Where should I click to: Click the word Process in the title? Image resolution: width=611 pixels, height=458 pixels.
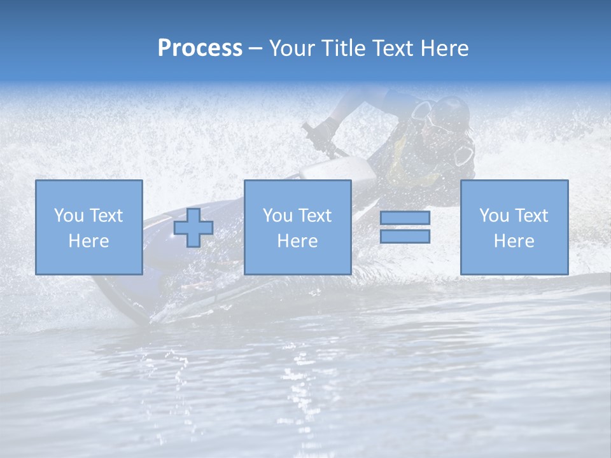(200, 48)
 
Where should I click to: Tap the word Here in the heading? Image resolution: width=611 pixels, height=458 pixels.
(444, 48)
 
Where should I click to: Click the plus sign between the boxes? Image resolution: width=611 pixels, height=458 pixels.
(193, 228)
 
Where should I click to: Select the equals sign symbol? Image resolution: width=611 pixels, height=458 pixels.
(405, 227)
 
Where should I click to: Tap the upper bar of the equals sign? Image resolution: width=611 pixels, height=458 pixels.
(405, 218)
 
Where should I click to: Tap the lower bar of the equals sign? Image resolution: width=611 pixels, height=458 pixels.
(405, 236)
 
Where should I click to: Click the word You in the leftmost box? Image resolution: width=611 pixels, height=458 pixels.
(69, 216)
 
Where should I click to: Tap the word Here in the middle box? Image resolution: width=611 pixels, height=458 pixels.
(297, 241)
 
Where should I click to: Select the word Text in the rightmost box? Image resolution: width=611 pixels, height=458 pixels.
(531, 216)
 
